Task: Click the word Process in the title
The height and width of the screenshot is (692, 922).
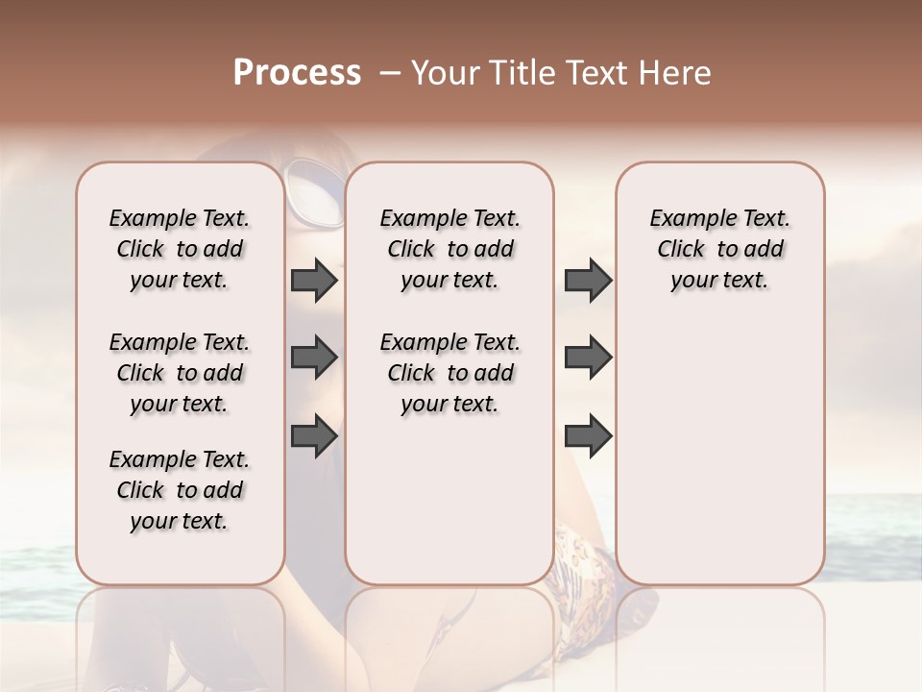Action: coord(297,73)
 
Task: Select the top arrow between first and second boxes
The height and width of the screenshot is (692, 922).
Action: coord(314,281)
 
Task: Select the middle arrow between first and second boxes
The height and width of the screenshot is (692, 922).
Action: coord(314,358)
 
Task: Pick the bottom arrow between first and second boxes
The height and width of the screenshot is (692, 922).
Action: coord(314,436)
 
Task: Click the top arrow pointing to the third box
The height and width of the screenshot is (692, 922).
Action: coord(588,281)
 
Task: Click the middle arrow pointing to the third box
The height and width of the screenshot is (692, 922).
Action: coord(588,358)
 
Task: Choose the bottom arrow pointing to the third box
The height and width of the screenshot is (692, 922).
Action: coord(588,436)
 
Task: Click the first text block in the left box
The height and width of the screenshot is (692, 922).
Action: coord(180,249)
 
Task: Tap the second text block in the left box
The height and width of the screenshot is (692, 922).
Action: coord(180,373)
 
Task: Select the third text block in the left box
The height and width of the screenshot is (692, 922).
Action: coord(180,490)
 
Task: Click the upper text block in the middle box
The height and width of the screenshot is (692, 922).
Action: coord(449,249)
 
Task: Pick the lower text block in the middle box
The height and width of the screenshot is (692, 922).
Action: coord(449,373)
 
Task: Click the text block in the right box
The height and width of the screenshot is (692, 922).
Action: coord(719,249)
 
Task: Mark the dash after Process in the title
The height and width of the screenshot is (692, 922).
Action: coord(389,73)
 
